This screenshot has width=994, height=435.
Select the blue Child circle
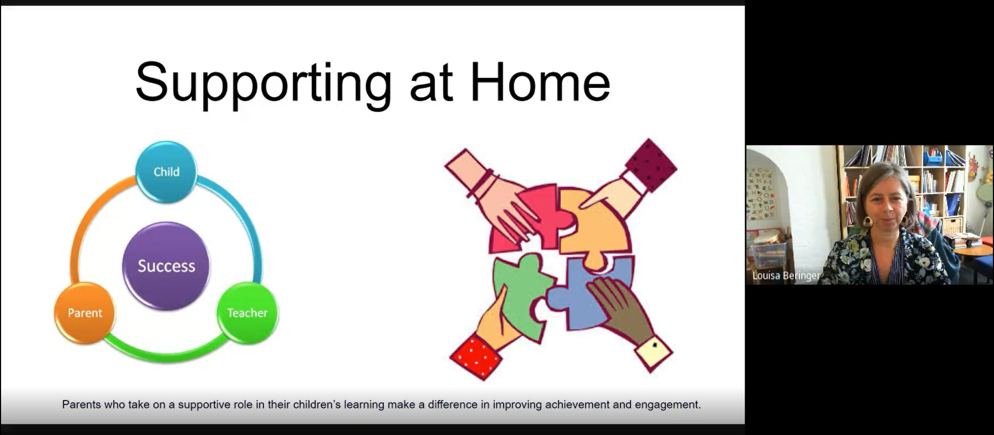tap(166, 172)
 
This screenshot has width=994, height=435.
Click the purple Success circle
tap(166, 266)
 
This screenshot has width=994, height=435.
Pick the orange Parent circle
tap(85, 313)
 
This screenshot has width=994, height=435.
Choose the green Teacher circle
tap(247, 313)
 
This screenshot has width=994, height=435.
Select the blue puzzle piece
tap(590, 292)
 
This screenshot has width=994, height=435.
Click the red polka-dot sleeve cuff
tap(477, 357)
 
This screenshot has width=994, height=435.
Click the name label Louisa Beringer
tap(786, 276)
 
